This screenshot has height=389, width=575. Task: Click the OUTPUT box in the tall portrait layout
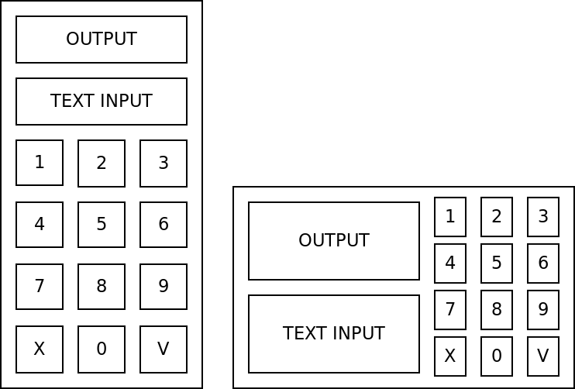pos(102,40)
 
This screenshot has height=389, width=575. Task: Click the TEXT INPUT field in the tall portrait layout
pos(102,102)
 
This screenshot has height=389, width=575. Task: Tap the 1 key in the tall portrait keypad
pos(40,163)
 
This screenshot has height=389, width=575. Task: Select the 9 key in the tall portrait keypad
pos(164,287)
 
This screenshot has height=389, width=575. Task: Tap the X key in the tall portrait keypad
pos(40,349)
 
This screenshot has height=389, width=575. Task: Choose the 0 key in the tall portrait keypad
pos(102,349)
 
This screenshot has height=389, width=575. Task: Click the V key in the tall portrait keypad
pos(164,349)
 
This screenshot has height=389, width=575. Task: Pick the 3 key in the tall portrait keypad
pos(164,163)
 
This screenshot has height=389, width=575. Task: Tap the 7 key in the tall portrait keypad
pos(40,287)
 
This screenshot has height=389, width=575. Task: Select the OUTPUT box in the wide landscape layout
pos(334,241)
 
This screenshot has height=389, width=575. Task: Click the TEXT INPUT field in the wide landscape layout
pos(334,334)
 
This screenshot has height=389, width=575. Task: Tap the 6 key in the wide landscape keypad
pos(543,263)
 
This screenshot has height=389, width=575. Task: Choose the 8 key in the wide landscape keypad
pos(497,310)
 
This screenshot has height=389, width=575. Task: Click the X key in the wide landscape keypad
pos(450,356)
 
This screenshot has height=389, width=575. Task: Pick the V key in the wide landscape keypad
pos(543,356)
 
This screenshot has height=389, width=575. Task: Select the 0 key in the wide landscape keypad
pos(497,356)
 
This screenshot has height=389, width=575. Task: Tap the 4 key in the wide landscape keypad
pos(450,263)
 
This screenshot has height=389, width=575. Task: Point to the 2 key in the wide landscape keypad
pos(497,217)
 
